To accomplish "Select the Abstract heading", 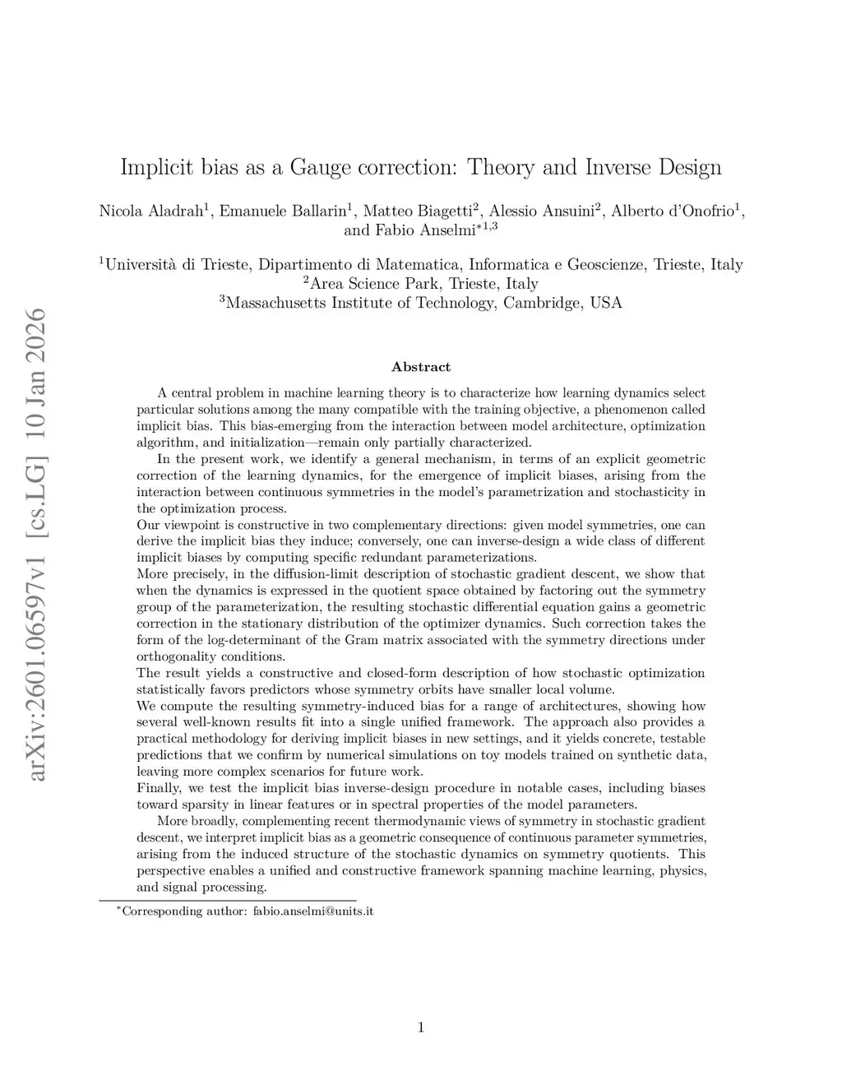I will (x=421, y=367).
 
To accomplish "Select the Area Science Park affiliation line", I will (x=421, y=284).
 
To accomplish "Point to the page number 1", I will (x=421, y=1027).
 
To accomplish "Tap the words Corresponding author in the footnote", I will (x=181, y=911).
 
